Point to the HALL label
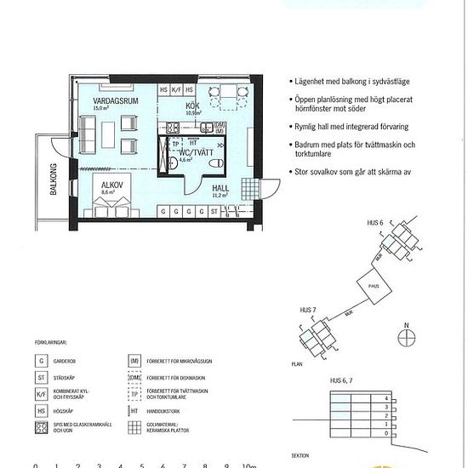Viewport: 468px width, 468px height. tap(220, 188)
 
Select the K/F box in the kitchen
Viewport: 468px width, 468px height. tap(177, 89)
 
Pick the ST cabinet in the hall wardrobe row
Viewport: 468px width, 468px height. tap(214, 209)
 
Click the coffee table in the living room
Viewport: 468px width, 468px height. tap(106, 132)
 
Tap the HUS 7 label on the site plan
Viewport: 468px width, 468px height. tap(308, 310)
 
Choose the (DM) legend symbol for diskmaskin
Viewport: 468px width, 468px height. tap(134, 376)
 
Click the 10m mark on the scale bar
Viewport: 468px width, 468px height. tap(248, 465)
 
